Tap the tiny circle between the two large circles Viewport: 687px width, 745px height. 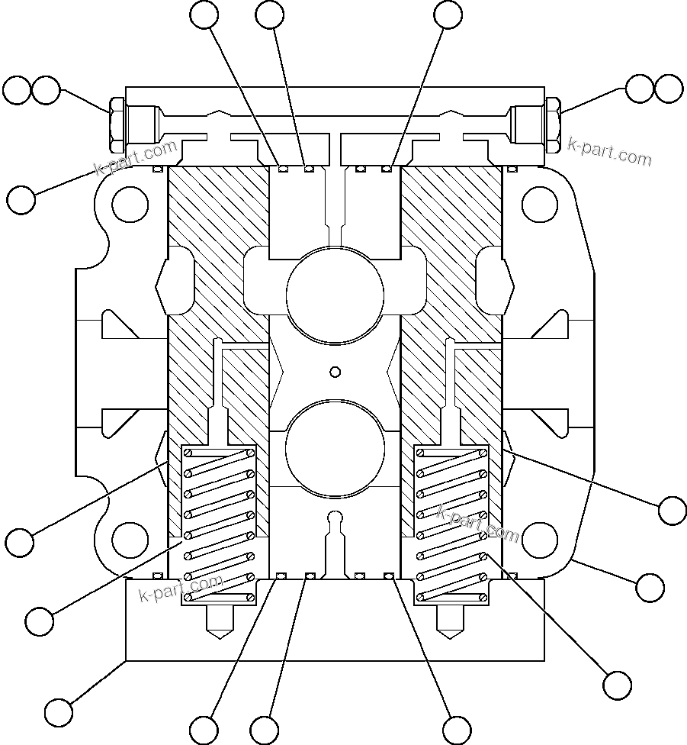coord(335,372)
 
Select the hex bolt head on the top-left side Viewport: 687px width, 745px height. coord(116,124)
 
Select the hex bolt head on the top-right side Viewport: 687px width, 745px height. coord(554,124)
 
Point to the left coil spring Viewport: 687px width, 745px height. coord(218,525)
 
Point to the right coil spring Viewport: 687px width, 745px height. coord(451,525)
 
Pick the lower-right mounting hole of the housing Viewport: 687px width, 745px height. coord(539,540)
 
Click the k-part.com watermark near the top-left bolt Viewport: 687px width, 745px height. coord(137,157)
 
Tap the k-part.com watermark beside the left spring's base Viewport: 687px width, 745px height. coord(181,589)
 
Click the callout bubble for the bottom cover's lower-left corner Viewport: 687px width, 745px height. coord(58,712)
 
